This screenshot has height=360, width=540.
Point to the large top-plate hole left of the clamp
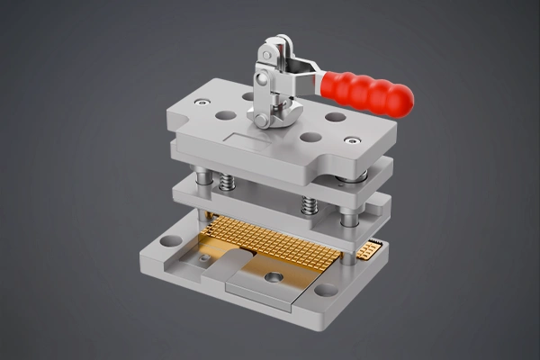tap(226, 116)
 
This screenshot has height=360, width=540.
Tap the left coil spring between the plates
tap(225, 181)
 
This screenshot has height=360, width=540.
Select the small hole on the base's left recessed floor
tap(206, 260)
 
